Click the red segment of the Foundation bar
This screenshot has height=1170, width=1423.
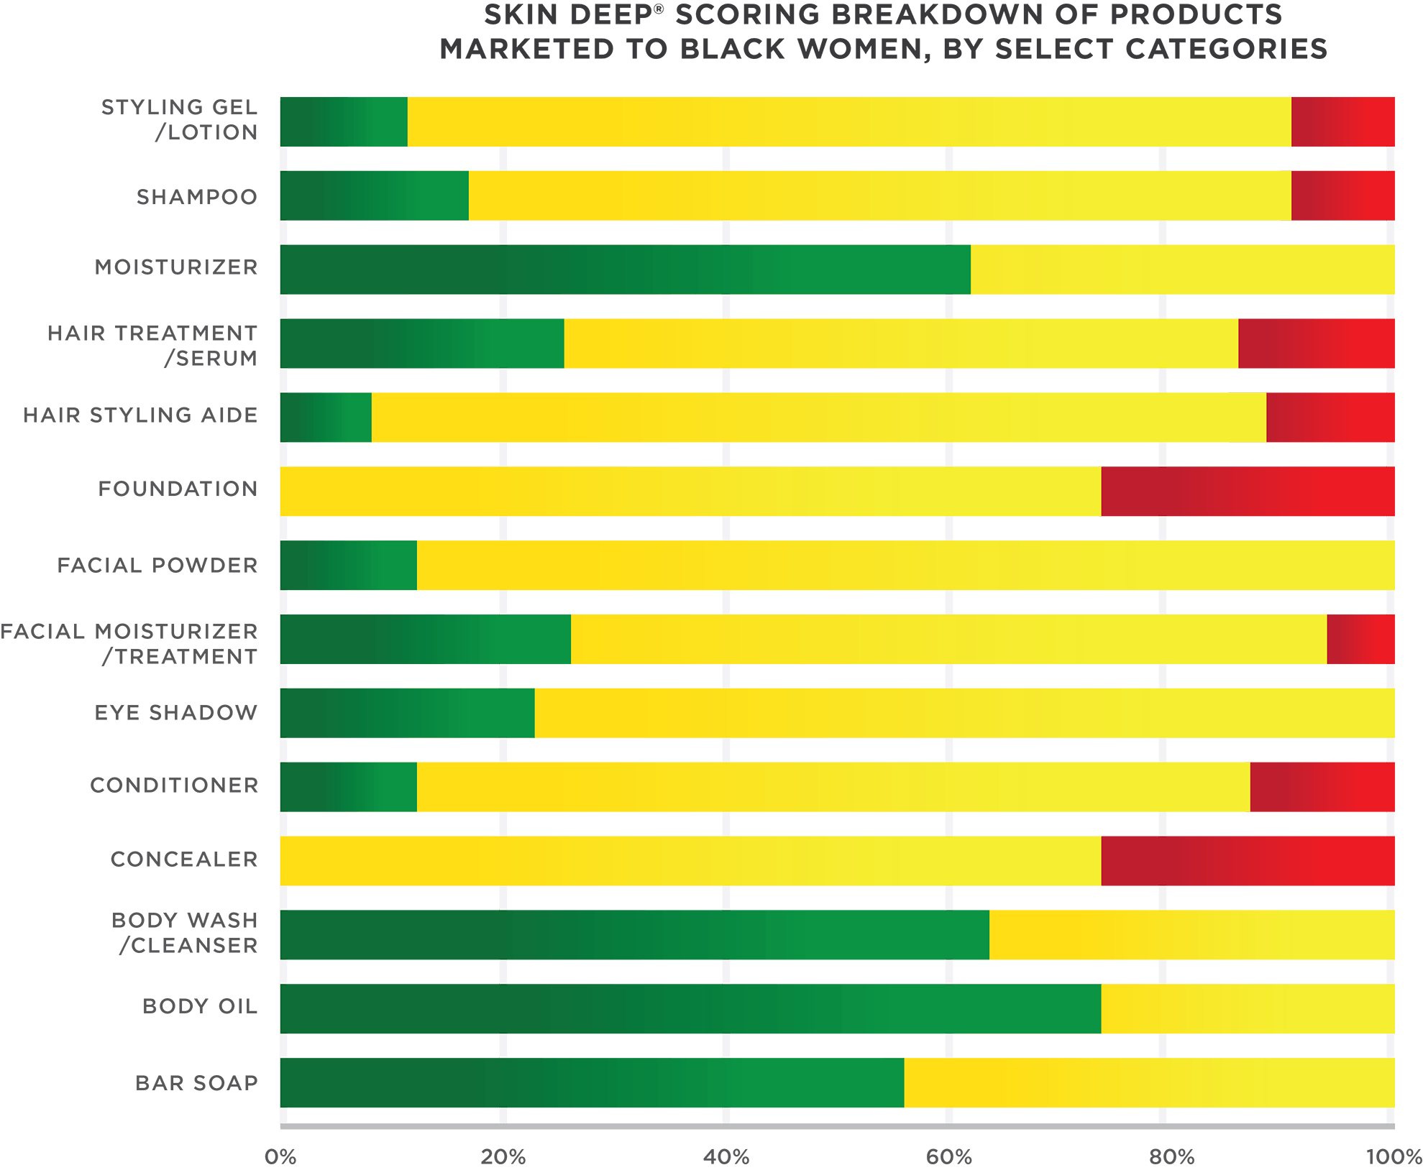(1248, 492)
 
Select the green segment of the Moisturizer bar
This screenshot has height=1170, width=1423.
(625, 270)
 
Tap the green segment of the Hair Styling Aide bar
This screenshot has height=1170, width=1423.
(326, 418)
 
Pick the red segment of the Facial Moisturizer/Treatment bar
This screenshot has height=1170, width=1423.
(1360, 640)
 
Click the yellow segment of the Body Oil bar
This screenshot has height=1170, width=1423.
(1248, 1009)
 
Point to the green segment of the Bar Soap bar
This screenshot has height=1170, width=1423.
(592, 1083)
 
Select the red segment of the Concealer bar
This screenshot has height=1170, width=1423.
(1248, 861)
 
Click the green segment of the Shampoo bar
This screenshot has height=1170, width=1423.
(374, 195)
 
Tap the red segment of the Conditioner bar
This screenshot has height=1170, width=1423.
(1322, 787)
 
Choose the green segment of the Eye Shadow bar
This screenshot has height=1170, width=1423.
(407, 713)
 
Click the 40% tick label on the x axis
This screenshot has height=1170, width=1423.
(726, 1156)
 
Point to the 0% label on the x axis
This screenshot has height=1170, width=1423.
(280, 1156)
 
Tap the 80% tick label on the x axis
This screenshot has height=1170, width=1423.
(1171, 1156)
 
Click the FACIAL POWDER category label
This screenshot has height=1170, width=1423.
(157, 565)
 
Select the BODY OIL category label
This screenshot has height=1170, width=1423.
(199, 1006)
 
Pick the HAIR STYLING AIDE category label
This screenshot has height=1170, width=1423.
(140, 415)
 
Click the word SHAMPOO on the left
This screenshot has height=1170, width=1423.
(196, 197)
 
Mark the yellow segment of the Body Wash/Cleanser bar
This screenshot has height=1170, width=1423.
(1191, 935)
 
